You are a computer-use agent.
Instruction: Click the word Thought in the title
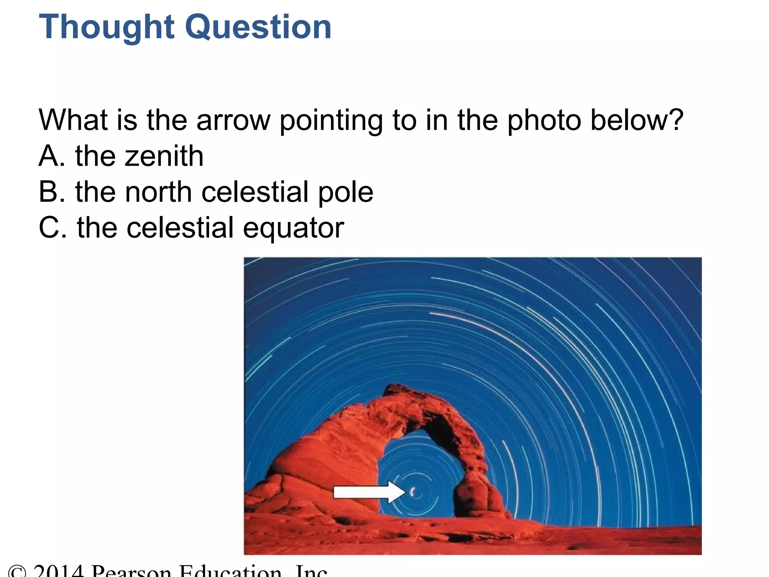107,27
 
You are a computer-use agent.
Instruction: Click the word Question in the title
259,27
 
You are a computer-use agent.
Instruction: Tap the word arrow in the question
233,120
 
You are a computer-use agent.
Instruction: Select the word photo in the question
544,120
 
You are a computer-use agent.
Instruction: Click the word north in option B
158,192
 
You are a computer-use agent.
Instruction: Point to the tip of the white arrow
405,492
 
